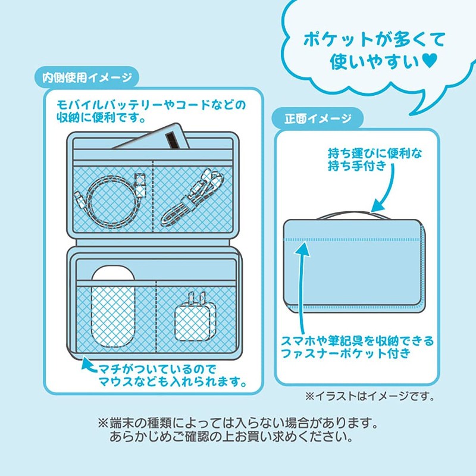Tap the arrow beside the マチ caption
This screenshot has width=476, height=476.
tap(87, 365)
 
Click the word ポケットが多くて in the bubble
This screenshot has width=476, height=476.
tap(374, 40)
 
